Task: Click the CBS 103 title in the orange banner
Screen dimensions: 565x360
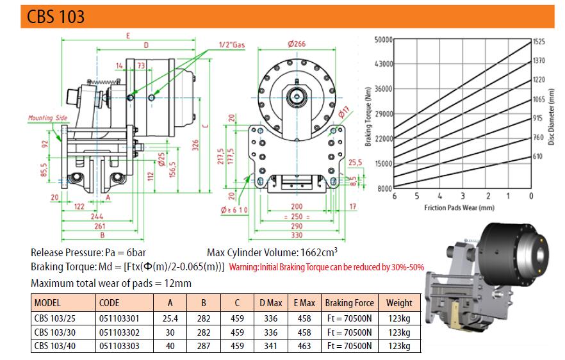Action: (56, 17)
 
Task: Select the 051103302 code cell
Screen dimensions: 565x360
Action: (119, 332)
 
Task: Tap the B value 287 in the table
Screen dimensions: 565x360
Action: (204, 346)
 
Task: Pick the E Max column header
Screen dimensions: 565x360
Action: (304, 303)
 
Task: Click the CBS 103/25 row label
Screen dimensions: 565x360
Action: (55, 318)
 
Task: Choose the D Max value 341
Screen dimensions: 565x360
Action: (270, 346)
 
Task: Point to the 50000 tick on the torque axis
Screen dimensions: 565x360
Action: (383, 40)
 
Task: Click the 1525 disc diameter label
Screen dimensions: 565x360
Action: (539, 42)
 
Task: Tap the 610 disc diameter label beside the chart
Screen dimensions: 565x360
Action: (537, 156)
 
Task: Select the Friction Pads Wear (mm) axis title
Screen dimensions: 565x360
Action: (459, 208)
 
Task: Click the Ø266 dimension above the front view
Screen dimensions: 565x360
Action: (297, 44)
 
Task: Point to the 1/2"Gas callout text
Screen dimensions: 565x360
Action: (232, 45)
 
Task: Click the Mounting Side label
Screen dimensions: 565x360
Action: (47, 118)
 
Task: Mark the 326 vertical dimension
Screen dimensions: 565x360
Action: (195, 145)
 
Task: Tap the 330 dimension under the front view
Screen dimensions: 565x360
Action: (297, 235)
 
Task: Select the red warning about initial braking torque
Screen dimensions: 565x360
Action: (327, 267)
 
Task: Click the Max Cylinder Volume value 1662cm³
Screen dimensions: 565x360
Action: (319, 252)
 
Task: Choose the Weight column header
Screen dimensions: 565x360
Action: (399, 303)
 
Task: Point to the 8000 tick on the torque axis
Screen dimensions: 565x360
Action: (385, 188)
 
